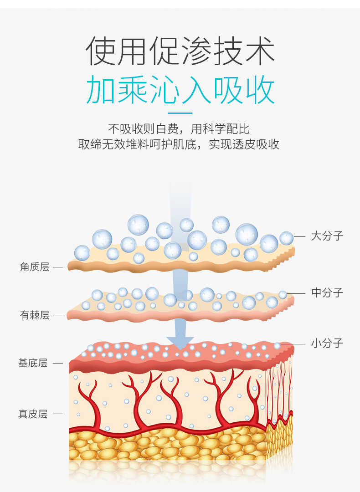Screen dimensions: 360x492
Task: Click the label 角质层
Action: (35, 267)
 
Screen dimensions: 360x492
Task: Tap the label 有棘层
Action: (35, 315)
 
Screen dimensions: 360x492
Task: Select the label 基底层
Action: (33, 363)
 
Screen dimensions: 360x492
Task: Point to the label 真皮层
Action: (33, 414)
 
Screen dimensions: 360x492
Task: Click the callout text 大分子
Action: (327, 236)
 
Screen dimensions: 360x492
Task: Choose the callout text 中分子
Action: (327, 293)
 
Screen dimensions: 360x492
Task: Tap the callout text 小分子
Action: (327, 343)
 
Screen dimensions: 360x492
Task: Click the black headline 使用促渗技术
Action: (180, 51)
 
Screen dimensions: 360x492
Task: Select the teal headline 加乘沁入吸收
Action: (180, 89)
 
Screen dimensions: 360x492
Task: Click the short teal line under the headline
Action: (180, 113)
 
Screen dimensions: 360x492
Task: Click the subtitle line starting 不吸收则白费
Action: (179, 128)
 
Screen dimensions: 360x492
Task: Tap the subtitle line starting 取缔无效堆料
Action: (179, 144)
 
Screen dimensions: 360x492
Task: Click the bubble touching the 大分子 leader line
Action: (286, 238)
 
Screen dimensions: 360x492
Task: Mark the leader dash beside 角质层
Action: (58, 267)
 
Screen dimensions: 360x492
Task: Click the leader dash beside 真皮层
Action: (58, 414)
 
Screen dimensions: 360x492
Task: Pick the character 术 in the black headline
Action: (260, 51)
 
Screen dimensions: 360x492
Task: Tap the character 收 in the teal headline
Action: (260, 89)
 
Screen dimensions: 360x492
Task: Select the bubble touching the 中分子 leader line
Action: (283, 295)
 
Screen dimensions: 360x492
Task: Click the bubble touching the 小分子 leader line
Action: (277, 345)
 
